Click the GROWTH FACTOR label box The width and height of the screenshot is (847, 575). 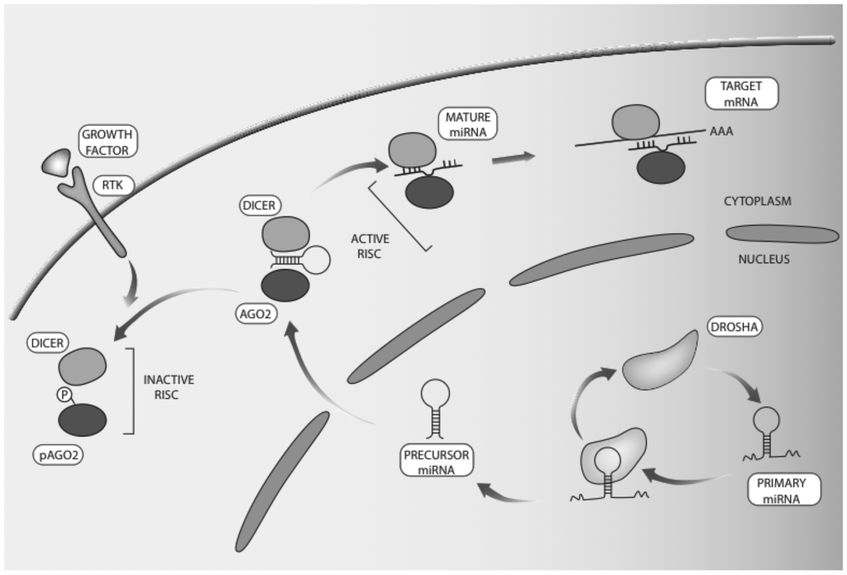[x=108, y=141]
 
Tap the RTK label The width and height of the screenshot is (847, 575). [x=108, y=184]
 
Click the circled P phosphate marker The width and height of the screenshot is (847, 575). [x=64, y=395]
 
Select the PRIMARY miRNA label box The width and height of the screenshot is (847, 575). [x=782, y=488]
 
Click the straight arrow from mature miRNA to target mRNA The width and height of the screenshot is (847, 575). [x=514, y=156]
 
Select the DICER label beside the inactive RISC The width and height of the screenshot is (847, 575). [x=47, y=339]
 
